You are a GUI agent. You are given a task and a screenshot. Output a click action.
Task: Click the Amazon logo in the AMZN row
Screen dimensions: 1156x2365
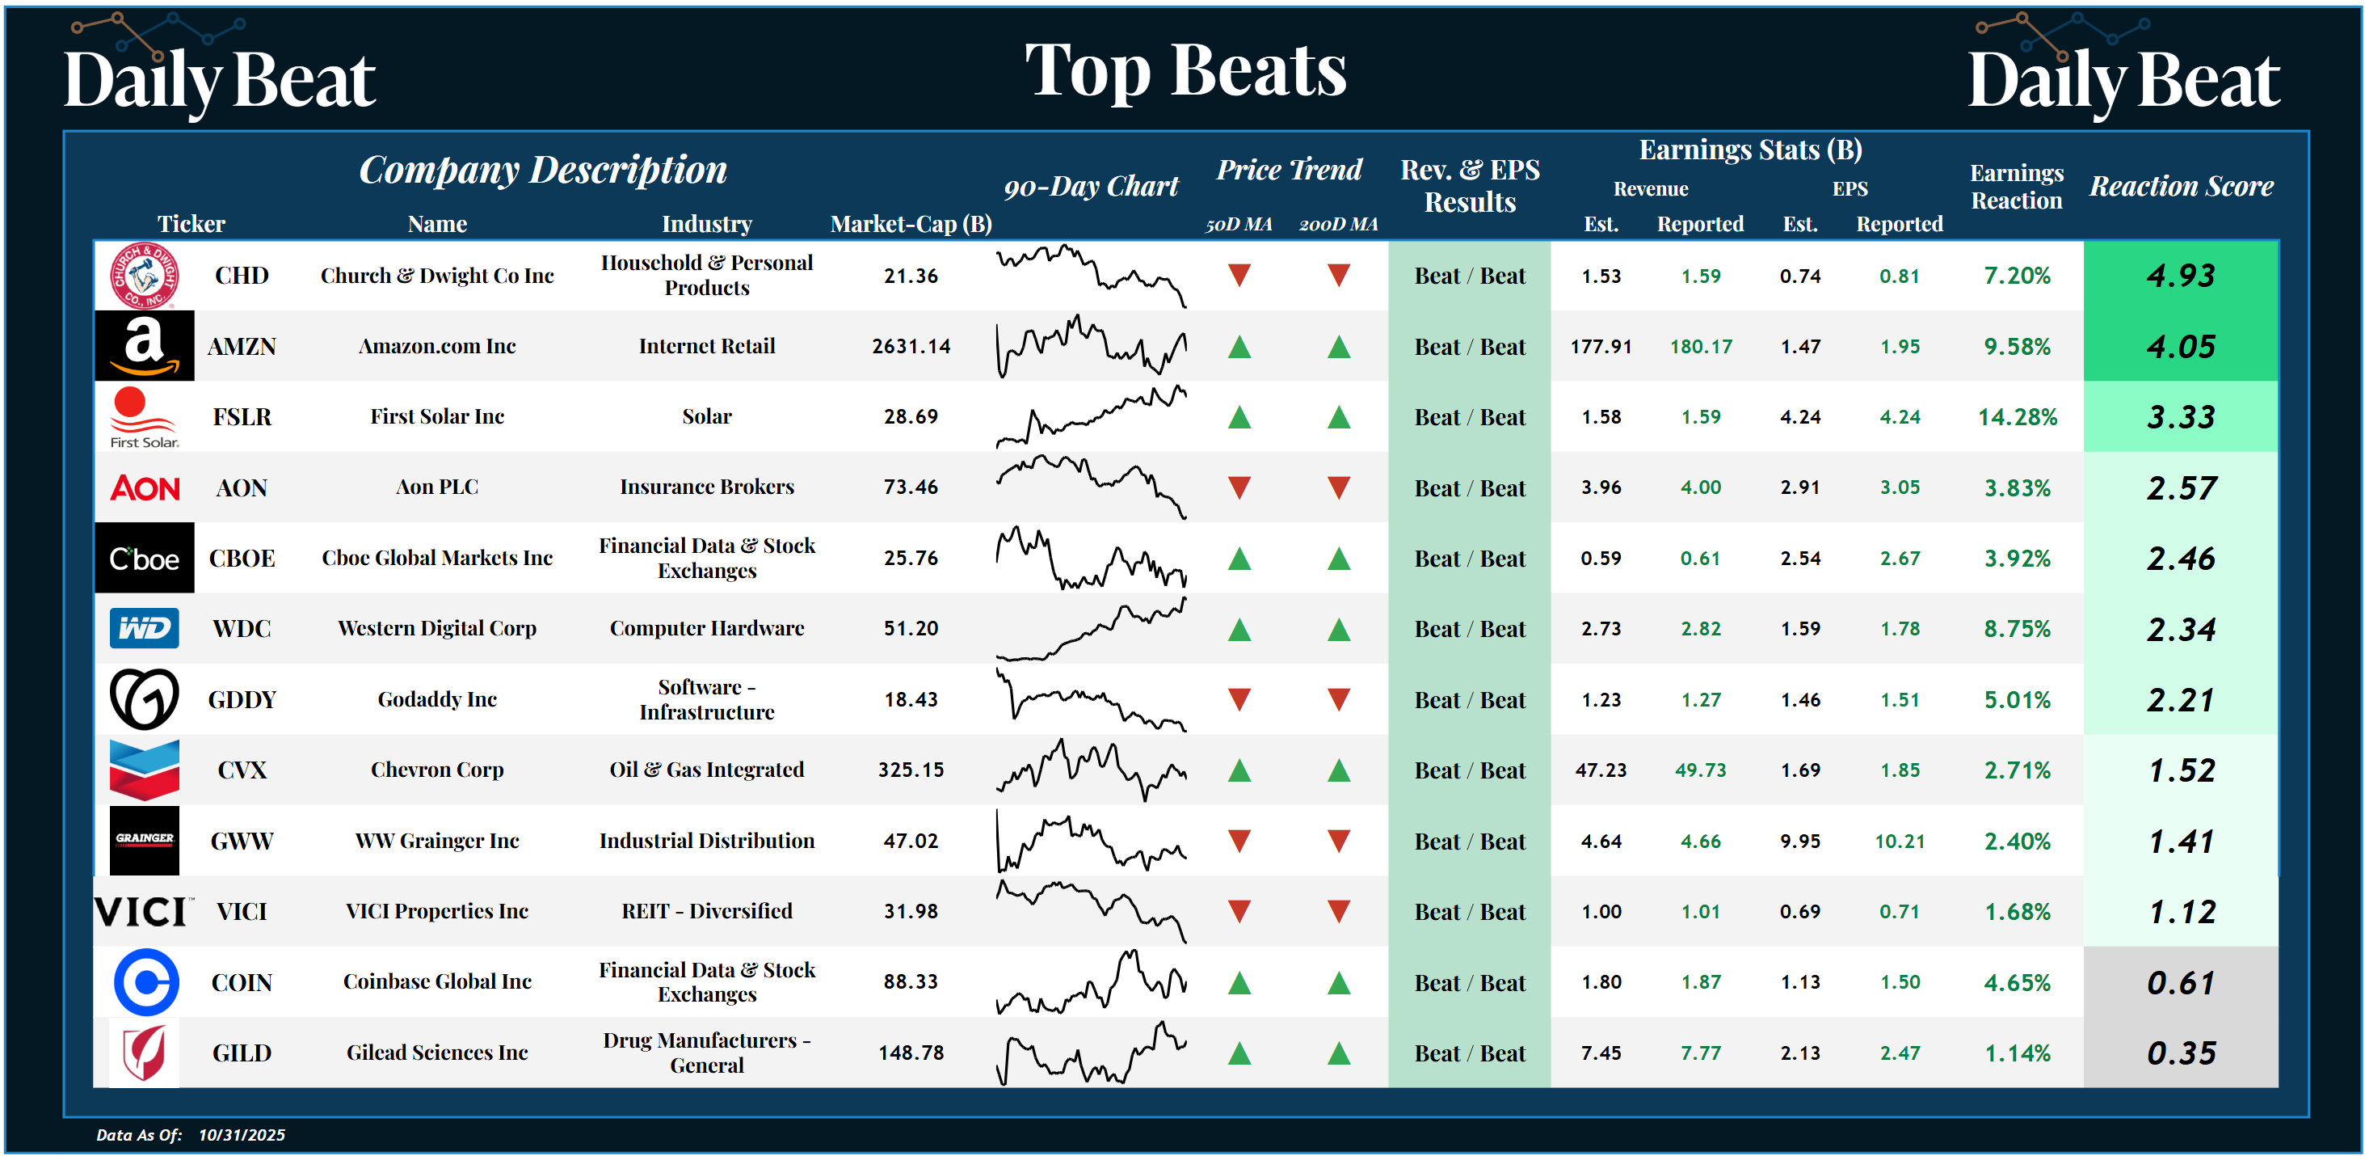144,345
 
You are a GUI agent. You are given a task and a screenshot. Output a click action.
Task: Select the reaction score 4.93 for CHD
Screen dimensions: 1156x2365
2181,276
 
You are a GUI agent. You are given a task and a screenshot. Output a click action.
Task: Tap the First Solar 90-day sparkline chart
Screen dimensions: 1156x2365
1091,417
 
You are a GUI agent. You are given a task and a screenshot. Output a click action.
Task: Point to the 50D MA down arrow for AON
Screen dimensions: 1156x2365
1239,487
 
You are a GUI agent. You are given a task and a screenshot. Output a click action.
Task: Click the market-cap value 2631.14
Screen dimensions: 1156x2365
911,346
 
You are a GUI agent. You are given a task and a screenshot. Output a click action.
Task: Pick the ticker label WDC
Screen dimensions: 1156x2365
242,629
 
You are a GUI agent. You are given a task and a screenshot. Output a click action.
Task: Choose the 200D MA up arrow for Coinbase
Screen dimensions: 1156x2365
1339,982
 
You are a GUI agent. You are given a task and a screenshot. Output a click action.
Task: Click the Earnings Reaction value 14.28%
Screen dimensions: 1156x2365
2017,417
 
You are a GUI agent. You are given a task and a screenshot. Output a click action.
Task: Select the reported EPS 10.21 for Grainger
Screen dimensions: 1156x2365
1899,841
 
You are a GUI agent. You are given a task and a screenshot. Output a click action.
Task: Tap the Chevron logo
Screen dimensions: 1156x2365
144,770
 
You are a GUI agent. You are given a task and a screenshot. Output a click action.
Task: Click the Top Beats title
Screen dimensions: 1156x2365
1185,70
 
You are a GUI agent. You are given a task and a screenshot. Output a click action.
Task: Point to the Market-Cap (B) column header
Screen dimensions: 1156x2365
911,224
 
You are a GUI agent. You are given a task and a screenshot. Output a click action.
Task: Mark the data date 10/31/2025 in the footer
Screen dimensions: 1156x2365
242,1135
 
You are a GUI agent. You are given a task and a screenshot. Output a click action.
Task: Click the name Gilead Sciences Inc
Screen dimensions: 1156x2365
437,1053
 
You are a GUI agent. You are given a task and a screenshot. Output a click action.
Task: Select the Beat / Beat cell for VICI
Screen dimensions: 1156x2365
1469,912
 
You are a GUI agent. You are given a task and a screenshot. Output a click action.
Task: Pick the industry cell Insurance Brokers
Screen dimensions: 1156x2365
707,487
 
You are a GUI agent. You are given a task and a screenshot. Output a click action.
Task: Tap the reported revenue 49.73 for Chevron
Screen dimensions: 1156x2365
1700,770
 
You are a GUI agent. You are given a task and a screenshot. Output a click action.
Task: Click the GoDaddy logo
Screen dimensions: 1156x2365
144,698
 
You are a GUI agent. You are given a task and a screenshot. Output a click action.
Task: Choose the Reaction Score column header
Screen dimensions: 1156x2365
2182,187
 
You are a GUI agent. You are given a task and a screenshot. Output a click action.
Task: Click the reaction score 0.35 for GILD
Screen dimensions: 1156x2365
2181,1053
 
